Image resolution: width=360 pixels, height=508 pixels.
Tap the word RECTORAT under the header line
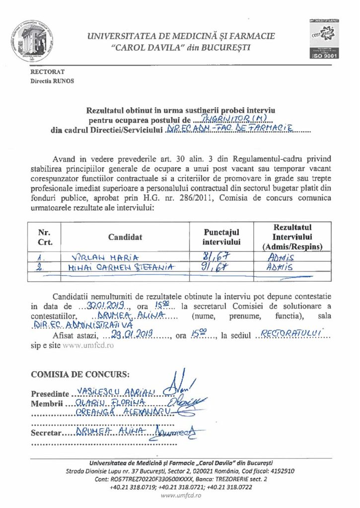45,72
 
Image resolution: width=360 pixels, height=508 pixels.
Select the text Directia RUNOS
52,80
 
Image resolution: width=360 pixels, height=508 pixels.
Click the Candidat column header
125,237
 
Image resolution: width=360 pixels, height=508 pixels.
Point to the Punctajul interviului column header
221,237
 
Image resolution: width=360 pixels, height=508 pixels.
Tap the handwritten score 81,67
219,257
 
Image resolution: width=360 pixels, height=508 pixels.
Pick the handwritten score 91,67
219,267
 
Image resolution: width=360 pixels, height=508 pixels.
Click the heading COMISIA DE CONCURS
80,374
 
